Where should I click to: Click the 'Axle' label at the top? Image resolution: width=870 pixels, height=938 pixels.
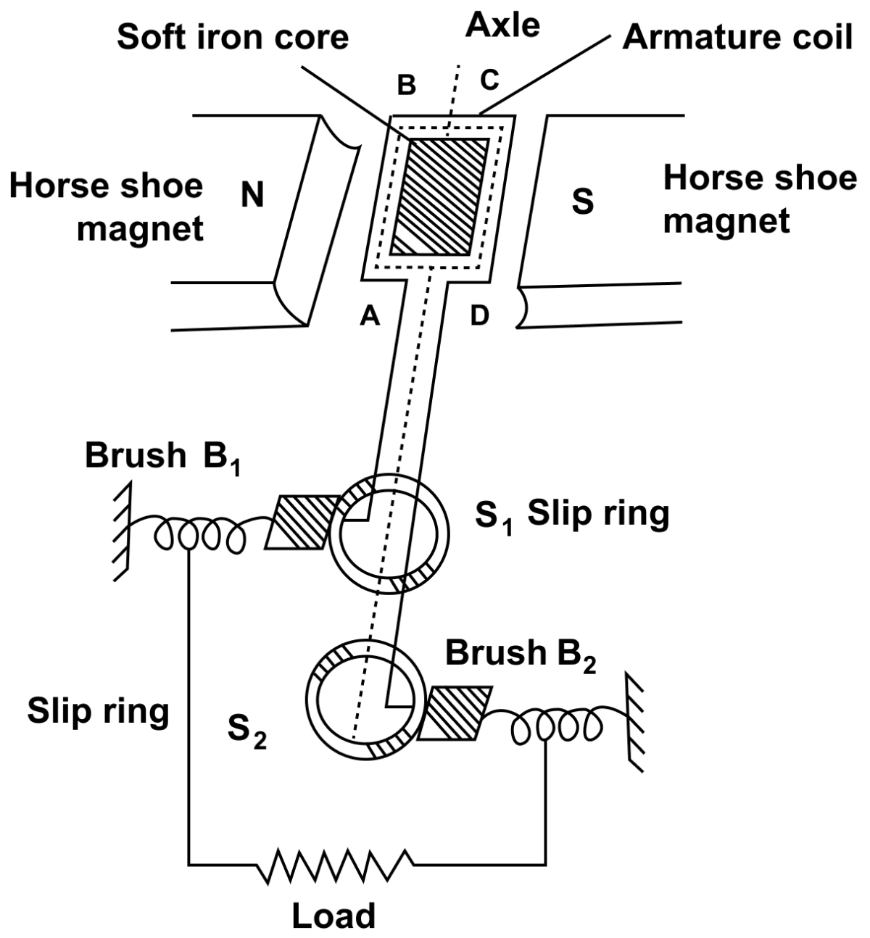503,25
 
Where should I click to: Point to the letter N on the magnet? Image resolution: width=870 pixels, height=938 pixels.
252,195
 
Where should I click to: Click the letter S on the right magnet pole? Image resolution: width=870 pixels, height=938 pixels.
582,202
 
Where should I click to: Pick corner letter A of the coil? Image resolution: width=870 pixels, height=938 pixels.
370,316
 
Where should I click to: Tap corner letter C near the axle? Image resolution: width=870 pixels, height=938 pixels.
490,80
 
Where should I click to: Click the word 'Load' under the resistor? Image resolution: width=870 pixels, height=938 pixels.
333,916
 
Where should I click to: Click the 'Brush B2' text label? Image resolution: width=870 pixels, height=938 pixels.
520,655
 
